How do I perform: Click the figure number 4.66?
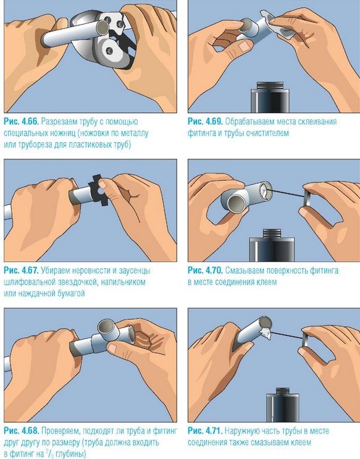point(30,122)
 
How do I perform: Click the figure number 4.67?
point(30,271)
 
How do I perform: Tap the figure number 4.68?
point(30,431)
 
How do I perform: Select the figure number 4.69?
point(214,122)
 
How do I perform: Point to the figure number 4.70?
point(214,271)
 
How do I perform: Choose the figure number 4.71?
point(214,431)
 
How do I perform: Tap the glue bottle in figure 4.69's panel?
point(270,98)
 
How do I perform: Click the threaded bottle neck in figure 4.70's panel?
point(272,234)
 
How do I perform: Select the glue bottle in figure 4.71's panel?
point(283,405)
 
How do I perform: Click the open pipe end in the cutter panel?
point(103,27)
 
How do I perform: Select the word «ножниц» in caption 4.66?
point(61,133)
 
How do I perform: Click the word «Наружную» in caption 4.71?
point(241,431)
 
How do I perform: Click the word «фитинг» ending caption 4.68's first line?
point(166,431)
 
